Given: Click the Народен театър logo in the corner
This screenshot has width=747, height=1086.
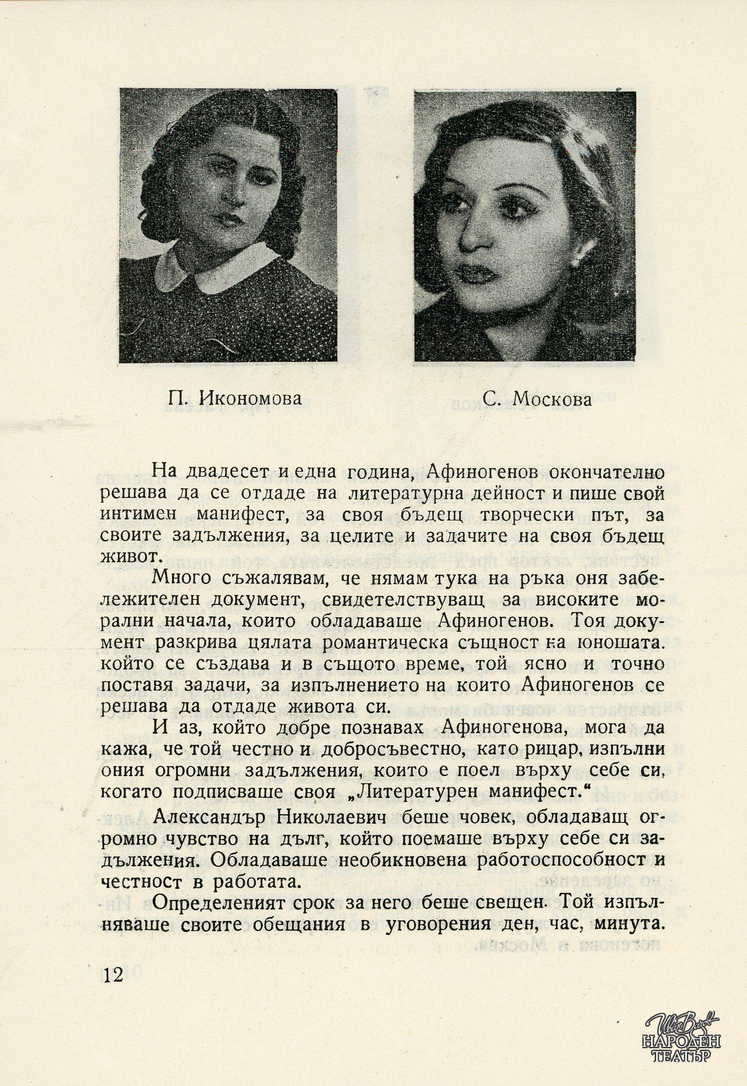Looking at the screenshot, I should pos(685,1036).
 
